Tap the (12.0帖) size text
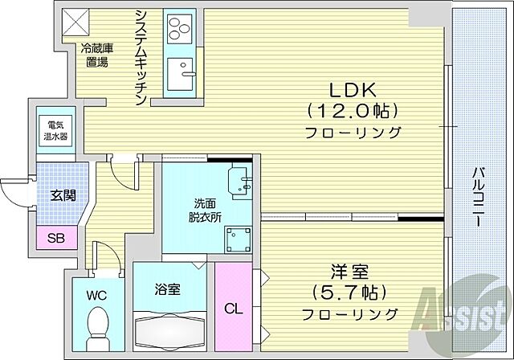(352, 110)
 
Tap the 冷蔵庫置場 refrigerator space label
(96, 54)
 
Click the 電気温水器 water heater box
(55, 131)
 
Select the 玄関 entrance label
(63, 194)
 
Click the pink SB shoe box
(56, 237)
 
